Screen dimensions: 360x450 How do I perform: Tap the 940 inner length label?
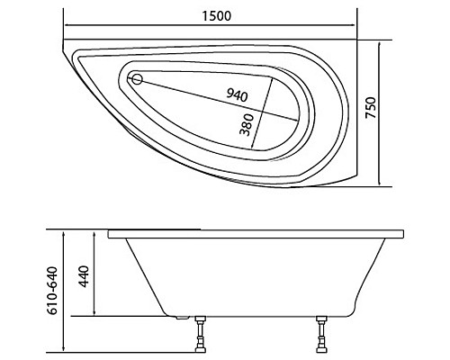coord(237,94)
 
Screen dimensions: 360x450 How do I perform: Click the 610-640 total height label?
coord(52,292)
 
